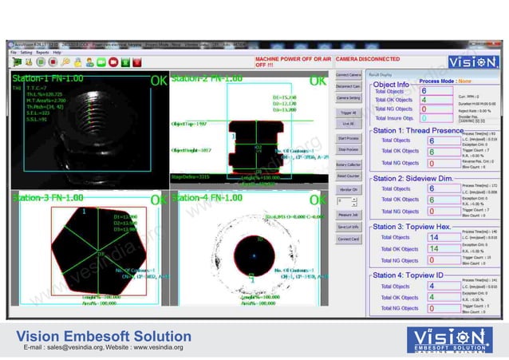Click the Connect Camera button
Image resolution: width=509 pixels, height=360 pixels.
pos(348,74)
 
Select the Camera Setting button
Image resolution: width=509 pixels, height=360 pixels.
pos(348,98)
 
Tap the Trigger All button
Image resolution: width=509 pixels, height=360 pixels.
pos(348,113)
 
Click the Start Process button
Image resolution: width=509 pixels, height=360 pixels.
pos(348,139)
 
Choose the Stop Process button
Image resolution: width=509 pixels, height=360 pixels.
pos(348,149)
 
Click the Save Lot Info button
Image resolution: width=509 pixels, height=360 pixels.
pos(348,227)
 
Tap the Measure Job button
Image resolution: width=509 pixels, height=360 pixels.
pos(348,215)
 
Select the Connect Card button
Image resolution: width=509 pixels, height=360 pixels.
pos(348,239)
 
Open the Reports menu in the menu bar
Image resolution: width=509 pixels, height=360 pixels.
pos(41,52)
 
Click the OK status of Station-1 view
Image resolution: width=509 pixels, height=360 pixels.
pos(159,81)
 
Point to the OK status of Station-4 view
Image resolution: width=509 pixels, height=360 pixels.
pos(318,200)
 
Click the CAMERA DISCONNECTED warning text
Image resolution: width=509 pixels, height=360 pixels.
pos(368,59)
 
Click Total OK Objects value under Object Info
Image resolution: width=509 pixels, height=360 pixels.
pos(426,101)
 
